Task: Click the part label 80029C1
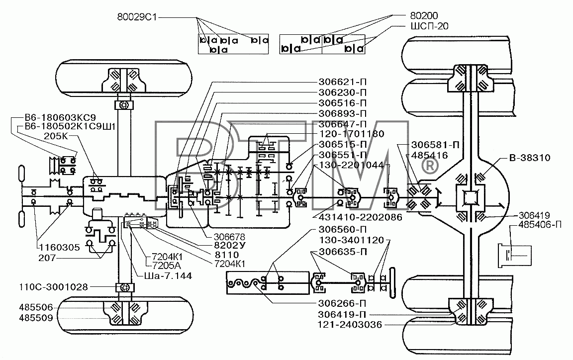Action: pos(137,17)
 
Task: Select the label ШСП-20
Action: pos(429,26)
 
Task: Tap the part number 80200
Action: pos(424,15)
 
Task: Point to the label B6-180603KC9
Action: pos(60,117)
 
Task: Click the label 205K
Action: pos(56,136)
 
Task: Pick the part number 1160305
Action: pos(60,248)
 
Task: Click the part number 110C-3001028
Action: pos(53,287)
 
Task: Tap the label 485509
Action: pos(36,318)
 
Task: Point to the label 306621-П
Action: pos(342,82)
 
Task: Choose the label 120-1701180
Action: pos(352,134)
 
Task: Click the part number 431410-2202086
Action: pos(360,217)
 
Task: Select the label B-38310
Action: pos(530,158)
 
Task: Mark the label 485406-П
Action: pos(540,224)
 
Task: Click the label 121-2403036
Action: pos(350,325)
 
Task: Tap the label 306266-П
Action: pos(342,303)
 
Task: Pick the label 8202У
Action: pos(230,246)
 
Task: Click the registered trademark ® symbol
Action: pos(430,166)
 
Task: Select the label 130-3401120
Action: pos(352,240)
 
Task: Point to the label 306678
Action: pos(229,237)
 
